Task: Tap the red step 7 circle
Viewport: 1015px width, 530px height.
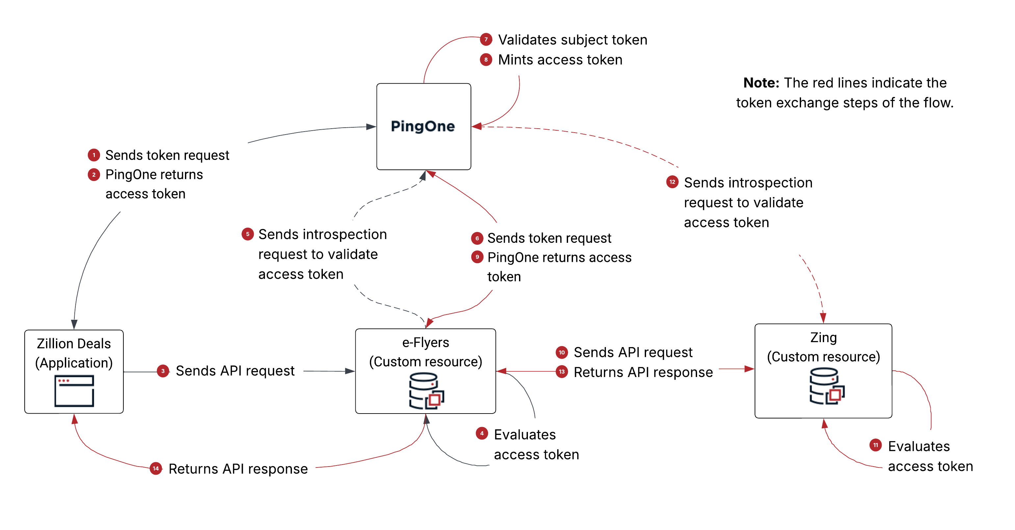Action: (486, 39)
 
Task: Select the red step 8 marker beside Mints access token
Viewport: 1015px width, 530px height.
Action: (486, 60)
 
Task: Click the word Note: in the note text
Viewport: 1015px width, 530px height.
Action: (761, 83)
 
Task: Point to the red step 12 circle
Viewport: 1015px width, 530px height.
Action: (672, 182)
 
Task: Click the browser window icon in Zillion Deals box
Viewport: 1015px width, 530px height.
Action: (74, 391)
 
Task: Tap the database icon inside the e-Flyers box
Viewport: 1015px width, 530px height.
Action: (426, 391)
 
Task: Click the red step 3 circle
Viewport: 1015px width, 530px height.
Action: (163, 371)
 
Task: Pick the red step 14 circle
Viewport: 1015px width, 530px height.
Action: (156, 468)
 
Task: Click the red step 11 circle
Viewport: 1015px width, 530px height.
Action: (875, 445)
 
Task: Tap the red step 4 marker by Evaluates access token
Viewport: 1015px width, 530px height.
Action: (481, 434)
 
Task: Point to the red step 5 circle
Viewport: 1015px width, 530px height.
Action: (247, 234)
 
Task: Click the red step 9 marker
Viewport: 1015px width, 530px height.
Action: (477, 257)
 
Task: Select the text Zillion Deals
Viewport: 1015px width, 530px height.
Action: (74, 344)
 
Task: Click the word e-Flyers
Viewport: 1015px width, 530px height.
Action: (425, 342)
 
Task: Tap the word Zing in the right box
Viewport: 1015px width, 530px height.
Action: (823, 338)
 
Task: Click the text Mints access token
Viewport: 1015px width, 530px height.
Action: (560, 60)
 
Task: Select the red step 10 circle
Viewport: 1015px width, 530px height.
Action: (561, 352)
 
